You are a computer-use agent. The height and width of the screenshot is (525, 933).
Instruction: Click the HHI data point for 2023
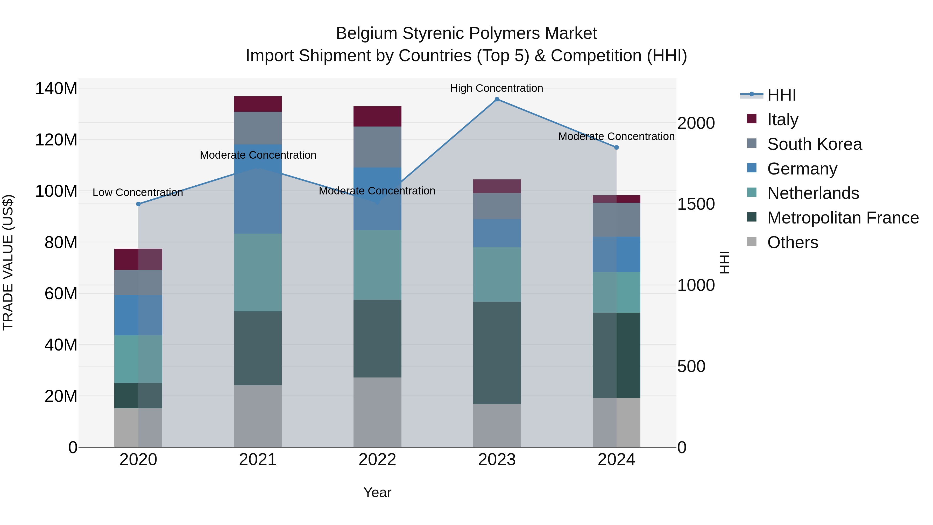[497, 99]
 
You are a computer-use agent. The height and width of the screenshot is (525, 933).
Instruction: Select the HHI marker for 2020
[138, 204]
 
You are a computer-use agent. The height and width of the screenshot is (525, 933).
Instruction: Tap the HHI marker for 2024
[617, 148]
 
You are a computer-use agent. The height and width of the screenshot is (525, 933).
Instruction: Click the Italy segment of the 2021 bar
[258, 104]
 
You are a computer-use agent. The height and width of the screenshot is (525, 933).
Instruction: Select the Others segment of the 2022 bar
[377, 412]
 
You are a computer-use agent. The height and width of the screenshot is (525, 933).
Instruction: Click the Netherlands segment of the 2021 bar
[258, 272]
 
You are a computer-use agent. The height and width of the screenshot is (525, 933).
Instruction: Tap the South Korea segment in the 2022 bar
[377, 147]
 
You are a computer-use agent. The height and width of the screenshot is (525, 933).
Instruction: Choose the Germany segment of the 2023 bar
[497, 233]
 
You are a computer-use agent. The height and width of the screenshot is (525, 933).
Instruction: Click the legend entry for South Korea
[814, 144]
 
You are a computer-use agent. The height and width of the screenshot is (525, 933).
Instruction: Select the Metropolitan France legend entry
[843, 218]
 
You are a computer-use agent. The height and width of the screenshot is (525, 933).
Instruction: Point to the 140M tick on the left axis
[56, 88]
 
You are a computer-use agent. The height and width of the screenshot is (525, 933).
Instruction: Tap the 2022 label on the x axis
[377, 460]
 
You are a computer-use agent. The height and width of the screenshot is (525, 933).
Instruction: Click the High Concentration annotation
[497, 88]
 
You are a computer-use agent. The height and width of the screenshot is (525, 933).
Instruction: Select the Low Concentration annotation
[138, 192]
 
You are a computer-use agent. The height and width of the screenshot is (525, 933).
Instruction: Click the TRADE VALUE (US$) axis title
[8, 262]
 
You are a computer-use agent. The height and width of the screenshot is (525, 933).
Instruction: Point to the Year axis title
[377, 492]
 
